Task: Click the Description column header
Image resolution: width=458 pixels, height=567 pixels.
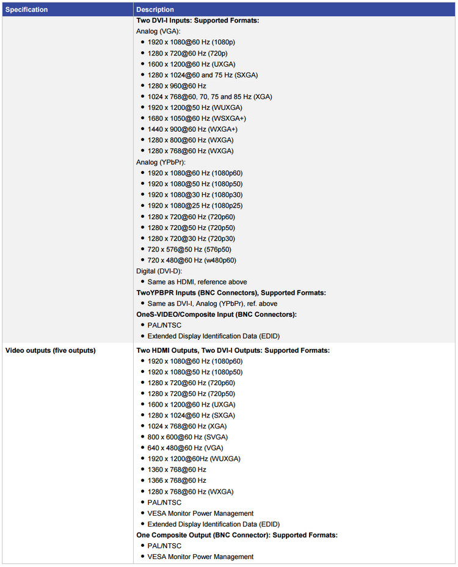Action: point(155,10)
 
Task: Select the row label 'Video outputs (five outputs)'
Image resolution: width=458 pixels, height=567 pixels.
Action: point(50,350)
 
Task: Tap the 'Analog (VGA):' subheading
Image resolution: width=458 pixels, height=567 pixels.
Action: point(159,31)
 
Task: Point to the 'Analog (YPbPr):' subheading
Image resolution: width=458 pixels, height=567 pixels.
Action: point(161,162)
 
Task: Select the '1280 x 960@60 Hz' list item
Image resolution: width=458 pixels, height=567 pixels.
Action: point(176,86)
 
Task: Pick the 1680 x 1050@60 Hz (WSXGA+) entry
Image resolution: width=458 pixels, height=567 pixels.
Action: point(197,118)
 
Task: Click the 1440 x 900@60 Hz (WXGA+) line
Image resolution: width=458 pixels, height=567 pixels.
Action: point(192,129)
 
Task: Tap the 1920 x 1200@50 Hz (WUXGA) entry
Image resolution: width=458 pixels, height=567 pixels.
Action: point(195,107)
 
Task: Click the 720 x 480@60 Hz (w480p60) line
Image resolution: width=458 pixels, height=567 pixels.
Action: point(192,260)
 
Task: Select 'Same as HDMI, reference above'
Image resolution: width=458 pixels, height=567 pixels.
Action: point(197,282)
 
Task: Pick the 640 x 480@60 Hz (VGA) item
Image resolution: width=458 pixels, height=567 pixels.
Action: point(186,448)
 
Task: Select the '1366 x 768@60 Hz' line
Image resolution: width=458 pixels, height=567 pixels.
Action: point(176,480)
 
